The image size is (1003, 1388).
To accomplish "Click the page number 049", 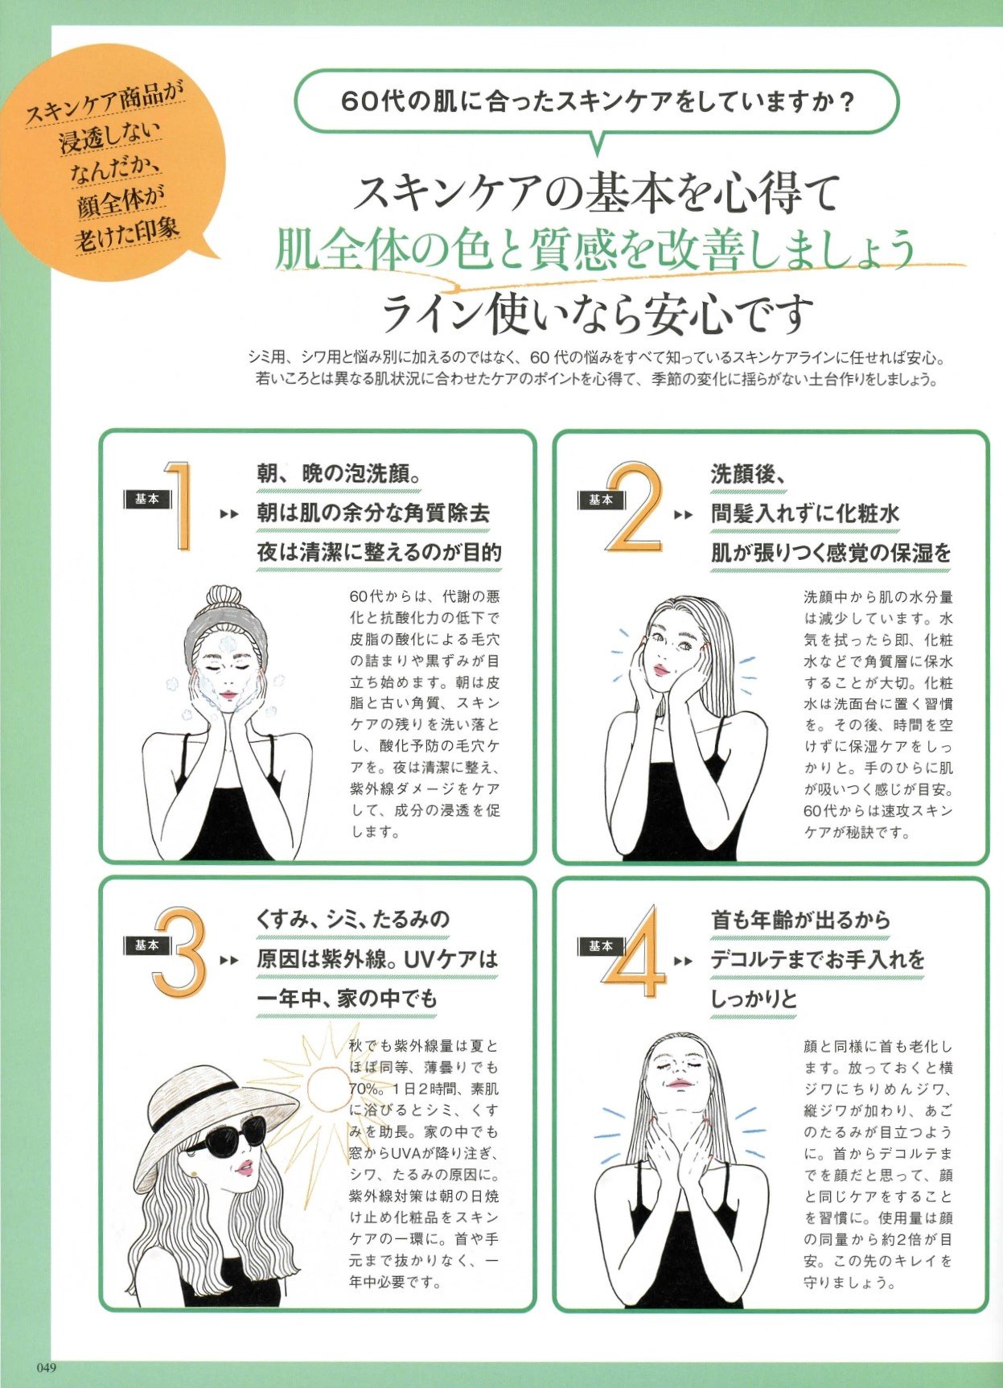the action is [47, 1367].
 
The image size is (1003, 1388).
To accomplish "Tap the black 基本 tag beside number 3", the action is [146, 945].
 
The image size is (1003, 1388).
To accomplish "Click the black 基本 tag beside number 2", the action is [600, 500].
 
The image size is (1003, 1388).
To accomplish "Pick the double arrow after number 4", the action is [684, 961].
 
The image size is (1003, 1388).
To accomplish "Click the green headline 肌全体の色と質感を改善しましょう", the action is [595, 249].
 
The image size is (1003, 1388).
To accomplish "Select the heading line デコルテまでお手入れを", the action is [817, 959].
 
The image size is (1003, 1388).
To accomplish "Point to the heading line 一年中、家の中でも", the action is [347, 999].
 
